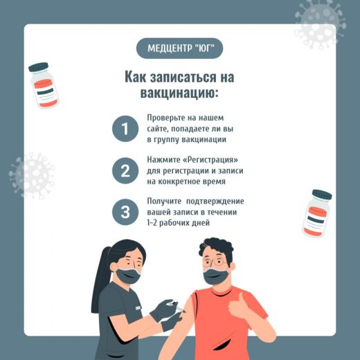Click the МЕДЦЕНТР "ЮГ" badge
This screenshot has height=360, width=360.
pos(180,48)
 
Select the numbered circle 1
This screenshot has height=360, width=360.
pos(125,129)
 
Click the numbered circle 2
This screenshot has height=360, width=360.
pos(125,170)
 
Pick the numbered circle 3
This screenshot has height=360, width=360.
pos(125,212)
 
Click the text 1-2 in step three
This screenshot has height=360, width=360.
pos(152,223)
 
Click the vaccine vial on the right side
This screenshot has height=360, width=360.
pos(317,213)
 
